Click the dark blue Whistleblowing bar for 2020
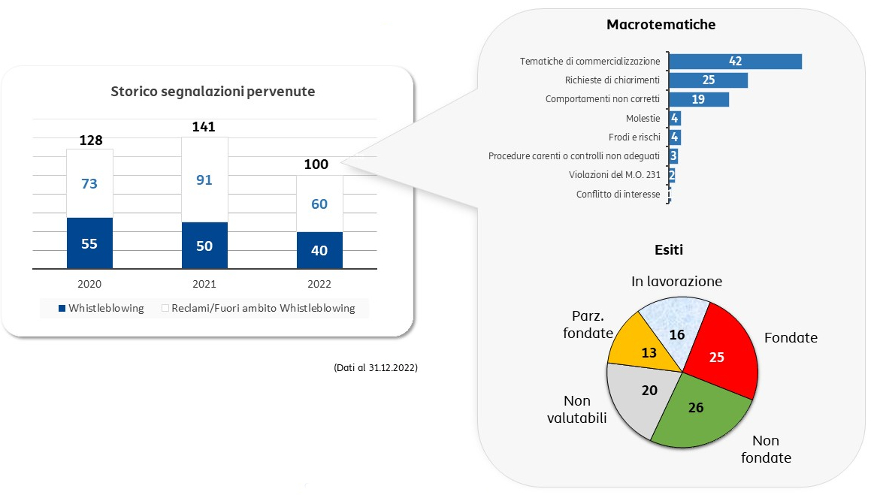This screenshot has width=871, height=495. (x=89, y=243)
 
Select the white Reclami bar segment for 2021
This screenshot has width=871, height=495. (x=204, y=180)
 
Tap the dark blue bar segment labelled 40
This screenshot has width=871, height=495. (x=319, y=250)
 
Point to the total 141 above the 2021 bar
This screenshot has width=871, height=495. (x=204, y=127)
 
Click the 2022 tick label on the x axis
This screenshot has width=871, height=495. (x=319, y=284)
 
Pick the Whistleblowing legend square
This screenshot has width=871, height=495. (x=62, y=309)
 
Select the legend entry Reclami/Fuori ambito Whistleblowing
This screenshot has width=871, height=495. (x=259, y=309)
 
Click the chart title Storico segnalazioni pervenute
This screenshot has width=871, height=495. (x=213, y=92)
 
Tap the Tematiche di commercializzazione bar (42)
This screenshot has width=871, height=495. (x=736, y=61)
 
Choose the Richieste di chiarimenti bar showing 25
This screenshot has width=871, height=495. (x=708, y=80)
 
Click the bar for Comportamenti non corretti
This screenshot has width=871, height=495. (x=699, y=99)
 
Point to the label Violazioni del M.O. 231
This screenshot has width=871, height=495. (x=615, y=175)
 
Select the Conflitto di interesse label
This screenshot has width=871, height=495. (x=618, y=195)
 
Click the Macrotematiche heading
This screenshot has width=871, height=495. (x=661, y=25)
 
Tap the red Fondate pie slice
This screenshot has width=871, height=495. (x=719, y=352)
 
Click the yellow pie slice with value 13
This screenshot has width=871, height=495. (x=644, y=349)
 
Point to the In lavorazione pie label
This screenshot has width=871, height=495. (x=676, y=282)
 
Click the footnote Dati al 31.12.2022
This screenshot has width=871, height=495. (x=376, y=367)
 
